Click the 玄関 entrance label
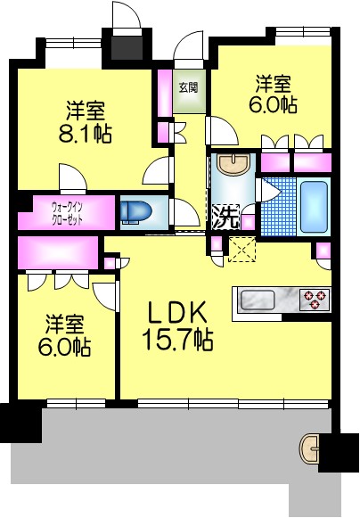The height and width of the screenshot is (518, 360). pyautogui.click(x=187, y=87)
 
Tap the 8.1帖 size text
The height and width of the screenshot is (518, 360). pyautogui.click(x=85, y=135)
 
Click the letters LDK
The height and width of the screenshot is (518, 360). pyautogui.click(x=177, y=312)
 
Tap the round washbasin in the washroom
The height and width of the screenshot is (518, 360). pyautogui.click(x=233, y=164)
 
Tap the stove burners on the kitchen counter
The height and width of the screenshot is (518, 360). pyautogui.click(x=315, y=297)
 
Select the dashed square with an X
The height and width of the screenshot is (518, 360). pyautogui.click(x=241, y=250)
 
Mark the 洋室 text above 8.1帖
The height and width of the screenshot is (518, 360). pyautogui.click(x=85, y=112)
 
